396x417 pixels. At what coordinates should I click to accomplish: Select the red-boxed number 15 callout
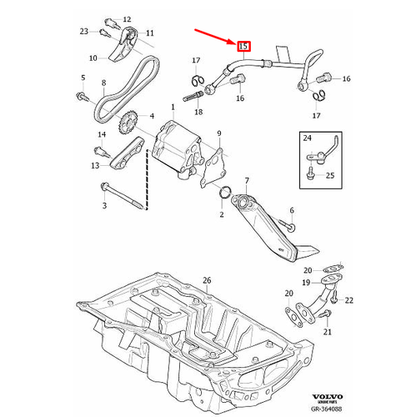pyautogui.click(x=243, y=47)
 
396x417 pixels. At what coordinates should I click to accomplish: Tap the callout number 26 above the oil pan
pyautogui.click(x=207, y=279)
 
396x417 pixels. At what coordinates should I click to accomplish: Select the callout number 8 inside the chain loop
pyautogui.click(x=103, y=83)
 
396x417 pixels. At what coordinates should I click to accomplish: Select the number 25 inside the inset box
pyautogui.click(x=328, y=175)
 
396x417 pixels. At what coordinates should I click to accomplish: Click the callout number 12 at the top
pyautogui.click(x=126, y=18)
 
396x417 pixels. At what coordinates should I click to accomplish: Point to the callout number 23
pyautogui.click(x=83, y=31)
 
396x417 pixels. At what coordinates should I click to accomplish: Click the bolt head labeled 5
pyautogui.click(x=83, y=97)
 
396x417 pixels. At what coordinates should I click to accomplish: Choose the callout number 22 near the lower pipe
pyautogui.click(x=349, y=299)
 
